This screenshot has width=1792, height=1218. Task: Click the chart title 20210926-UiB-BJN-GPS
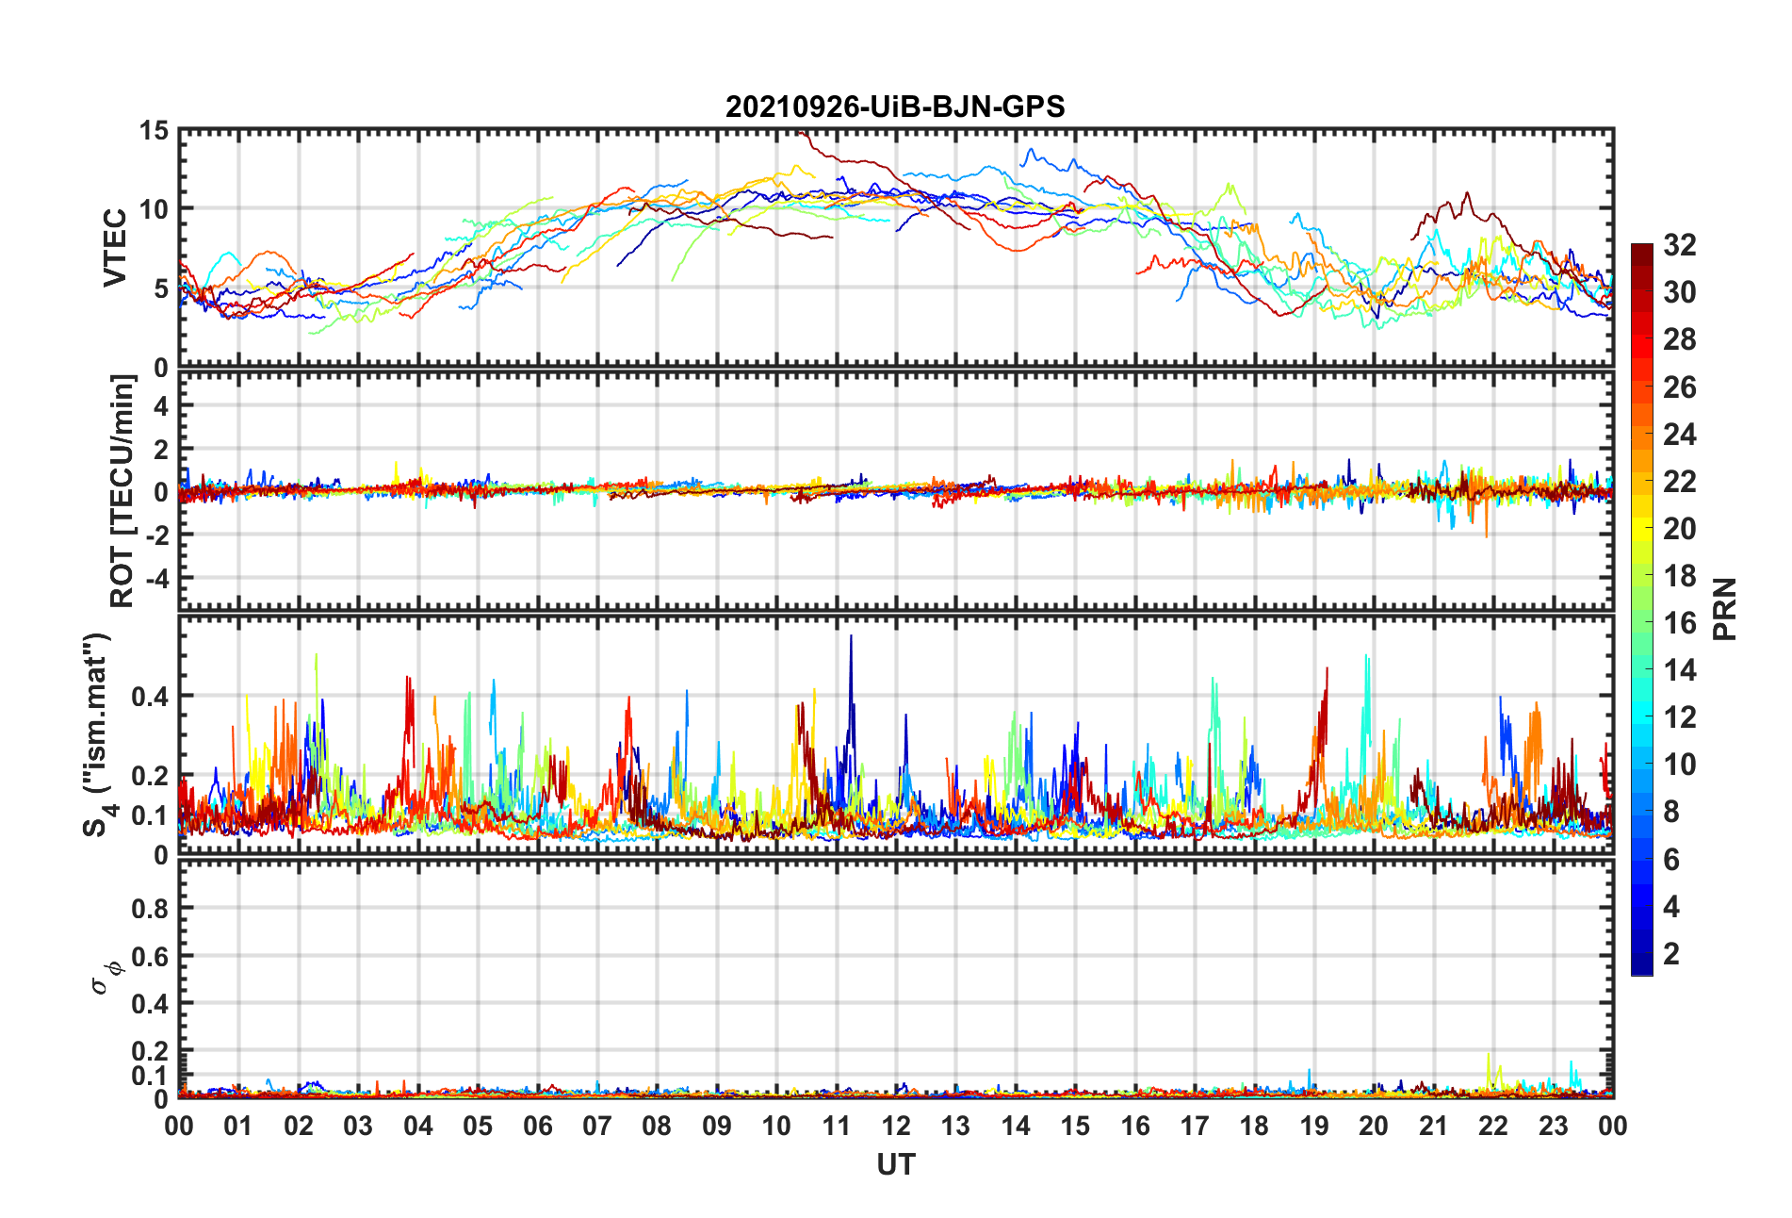tap(895, 107)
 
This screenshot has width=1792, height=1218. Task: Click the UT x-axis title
tap(895, 1165)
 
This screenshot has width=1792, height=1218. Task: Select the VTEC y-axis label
tap(115, 248)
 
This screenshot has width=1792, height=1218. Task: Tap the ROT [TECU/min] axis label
tap(122, 491)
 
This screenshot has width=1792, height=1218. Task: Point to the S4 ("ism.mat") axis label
tap(98, 735)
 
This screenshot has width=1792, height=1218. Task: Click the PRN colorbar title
tap(1724, 609)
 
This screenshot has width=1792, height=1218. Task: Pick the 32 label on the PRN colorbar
tap(1680, 245)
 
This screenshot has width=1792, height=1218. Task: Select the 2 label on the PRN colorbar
tap(1671, 954)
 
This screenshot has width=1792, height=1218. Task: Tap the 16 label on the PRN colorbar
tap(1680, 623)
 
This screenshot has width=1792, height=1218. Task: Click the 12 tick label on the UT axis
tap(896, 1127)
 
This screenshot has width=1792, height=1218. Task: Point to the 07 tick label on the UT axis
tap(597, 1127)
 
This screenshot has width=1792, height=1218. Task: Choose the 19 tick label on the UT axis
tap(1314, 1127)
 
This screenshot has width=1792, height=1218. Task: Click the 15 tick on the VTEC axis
tap(154, 131)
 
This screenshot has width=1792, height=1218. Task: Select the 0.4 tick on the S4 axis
tap(150, 697)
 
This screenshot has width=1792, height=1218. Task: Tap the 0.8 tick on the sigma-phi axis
tap(150, 909)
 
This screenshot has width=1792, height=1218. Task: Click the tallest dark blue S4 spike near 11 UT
tap(851, 638)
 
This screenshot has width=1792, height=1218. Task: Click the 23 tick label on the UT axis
tap(1553, 1127)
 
